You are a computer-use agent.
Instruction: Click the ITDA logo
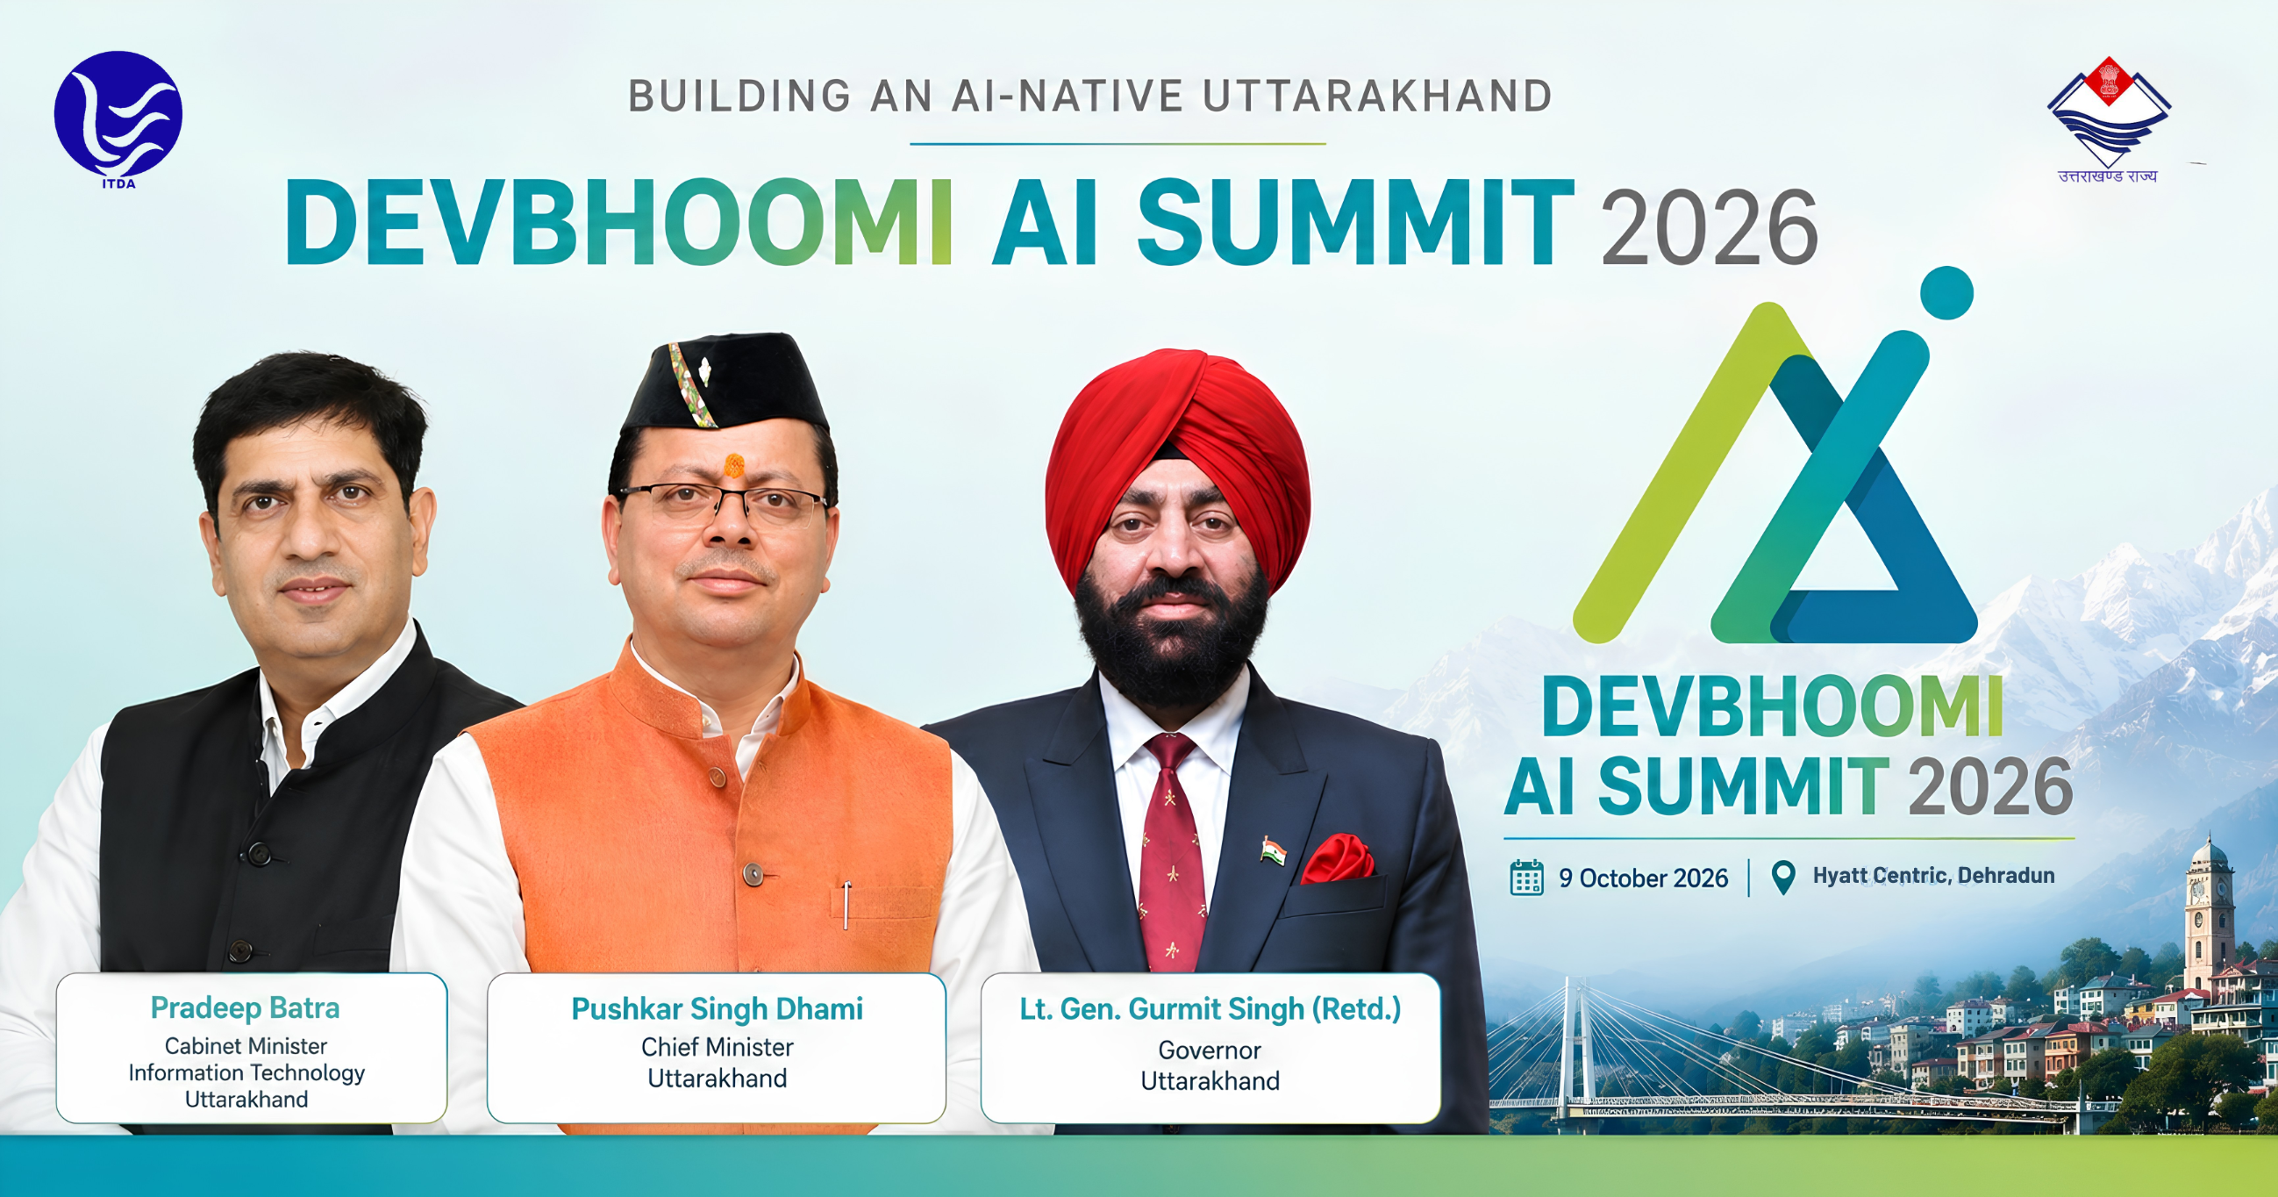[118, 118]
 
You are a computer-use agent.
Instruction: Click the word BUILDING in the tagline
[740, 97]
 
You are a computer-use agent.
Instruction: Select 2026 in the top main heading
[1710, 228]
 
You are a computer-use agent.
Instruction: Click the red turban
[1176, 460]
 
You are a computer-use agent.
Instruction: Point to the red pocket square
[1336, 857]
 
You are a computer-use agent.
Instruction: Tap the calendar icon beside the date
[1526, 878]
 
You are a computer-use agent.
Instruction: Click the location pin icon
[1783, 878]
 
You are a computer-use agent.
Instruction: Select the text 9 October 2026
[1643, 878]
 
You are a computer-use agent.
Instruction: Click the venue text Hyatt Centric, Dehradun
[1933, 876]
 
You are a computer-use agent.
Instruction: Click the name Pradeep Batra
[245, 1007]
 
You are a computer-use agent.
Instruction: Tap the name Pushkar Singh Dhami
[718, 1008]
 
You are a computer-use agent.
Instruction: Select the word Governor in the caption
[1210, 1050]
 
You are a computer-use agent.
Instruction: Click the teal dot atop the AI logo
[1946, 293]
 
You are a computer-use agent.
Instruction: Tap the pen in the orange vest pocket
[846, 905]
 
